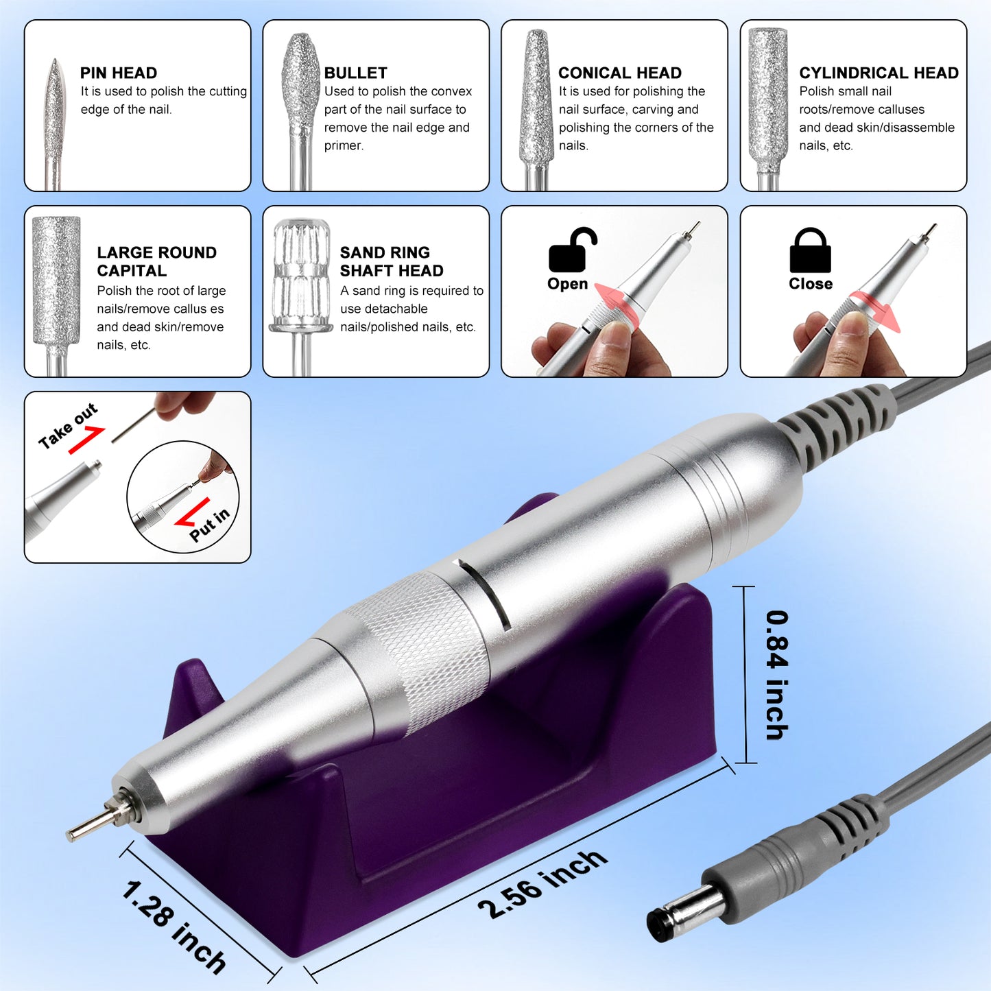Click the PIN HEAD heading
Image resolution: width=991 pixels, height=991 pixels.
pos(118,73)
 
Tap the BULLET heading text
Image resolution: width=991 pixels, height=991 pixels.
pos(355,73)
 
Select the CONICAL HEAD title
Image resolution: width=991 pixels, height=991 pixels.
pos(619,73)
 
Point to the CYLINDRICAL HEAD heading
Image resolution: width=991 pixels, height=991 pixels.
pos(879,73)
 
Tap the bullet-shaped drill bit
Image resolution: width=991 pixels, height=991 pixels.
pos(299,82)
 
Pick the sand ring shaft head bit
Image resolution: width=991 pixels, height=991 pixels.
pos(300,274)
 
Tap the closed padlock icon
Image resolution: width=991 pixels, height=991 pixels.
pos(810,251)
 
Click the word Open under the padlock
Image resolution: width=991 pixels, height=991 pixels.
pos(567,284)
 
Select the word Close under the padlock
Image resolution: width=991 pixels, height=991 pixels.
pos(810,284)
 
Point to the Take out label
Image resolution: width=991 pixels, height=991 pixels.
pos(68,426)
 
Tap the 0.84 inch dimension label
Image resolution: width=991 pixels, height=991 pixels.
pos(776,675)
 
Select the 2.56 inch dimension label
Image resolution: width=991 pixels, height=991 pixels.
pos(542,884)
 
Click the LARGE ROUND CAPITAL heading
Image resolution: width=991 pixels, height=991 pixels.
pos(156,261)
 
